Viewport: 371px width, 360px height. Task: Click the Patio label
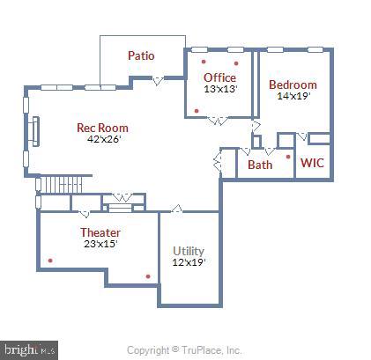point(141,55)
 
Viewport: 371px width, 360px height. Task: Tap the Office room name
point(219,77)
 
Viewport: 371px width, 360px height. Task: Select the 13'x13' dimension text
point(220,89)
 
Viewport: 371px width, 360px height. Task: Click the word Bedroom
point(293,84)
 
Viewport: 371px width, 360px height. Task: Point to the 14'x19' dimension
point(293,96)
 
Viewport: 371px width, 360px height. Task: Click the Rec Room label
point(102,128)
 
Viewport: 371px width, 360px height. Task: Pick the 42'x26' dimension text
point(104,139)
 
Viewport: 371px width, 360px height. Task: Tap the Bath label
point(260,165)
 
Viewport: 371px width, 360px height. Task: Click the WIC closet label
point(312,163)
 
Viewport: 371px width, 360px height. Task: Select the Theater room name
point(100,232)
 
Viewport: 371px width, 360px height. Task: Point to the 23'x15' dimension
point(100,244)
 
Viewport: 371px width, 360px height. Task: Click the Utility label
point(189,251)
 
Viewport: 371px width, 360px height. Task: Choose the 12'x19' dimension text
point(189,262)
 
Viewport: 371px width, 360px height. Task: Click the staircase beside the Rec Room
point(61,184)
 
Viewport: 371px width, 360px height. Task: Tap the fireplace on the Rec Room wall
point(35,131)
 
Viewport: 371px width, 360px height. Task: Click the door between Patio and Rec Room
point(158,81)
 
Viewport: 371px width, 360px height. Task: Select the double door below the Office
point(218,121)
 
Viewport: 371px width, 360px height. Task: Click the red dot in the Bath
point(288,157)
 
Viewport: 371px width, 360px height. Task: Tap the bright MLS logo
point(29,350)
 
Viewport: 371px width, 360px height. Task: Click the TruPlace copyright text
point(184,350)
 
